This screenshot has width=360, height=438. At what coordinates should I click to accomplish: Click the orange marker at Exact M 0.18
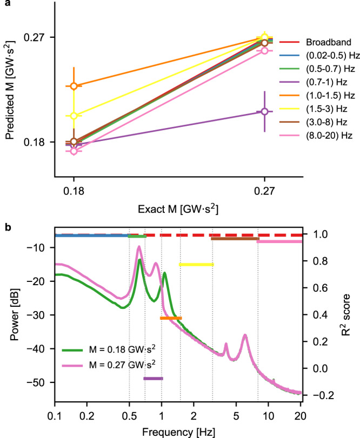pyautogui.click(x=74, y=86)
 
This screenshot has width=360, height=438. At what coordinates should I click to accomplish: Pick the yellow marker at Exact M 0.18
pyautogui.click(x=74, y=116)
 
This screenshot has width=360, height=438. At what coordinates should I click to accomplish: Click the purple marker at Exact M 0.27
pyautogui.click(x=264, y=111)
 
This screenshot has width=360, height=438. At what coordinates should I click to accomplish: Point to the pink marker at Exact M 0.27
pyautogui.click(x=264, y=50)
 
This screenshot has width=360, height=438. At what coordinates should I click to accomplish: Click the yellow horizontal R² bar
pyautogui.click(x=196, y=265)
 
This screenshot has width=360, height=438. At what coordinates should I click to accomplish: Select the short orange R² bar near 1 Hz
pyautogui.click(x=171, y=318)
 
